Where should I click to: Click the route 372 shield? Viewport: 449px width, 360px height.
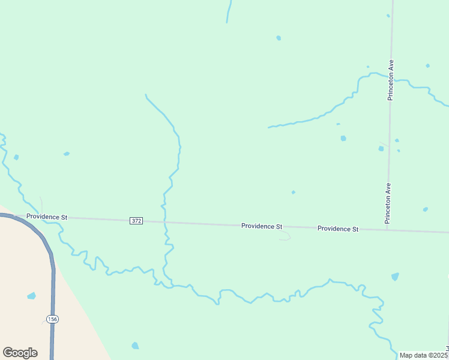(136, 221)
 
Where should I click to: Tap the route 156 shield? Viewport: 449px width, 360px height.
(53, 319)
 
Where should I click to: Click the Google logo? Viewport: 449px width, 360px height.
(20, 353)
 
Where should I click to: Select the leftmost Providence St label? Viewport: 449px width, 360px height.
(47, 217)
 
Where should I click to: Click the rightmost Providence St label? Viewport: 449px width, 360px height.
(337, 229)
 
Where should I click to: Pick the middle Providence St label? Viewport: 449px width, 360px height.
(262, 226)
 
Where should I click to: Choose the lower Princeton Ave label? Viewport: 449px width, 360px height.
(388, 203)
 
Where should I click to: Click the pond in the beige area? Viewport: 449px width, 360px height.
(31, 296)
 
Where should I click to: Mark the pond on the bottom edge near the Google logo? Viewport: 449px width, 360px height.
(135, 346)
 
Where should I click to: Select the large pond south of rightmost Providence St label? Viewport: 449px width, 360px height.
(395, 277)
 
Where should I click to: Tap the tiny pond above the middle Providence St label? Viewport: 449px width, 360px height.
(293, 192)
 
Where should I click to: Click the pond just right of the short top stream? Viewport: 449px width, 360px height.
(279, 38)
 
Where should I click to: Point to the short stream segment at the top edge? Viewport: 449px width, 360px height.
(229, 11)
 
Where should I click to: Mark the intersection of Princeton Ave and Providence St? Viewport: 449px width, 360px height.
(387, 230)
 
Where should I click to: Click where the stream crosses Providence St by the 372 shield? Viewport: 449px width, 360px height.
(164, 222)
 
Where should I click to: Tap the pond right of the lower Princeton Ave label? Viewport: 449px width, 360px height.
(425, 209)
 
